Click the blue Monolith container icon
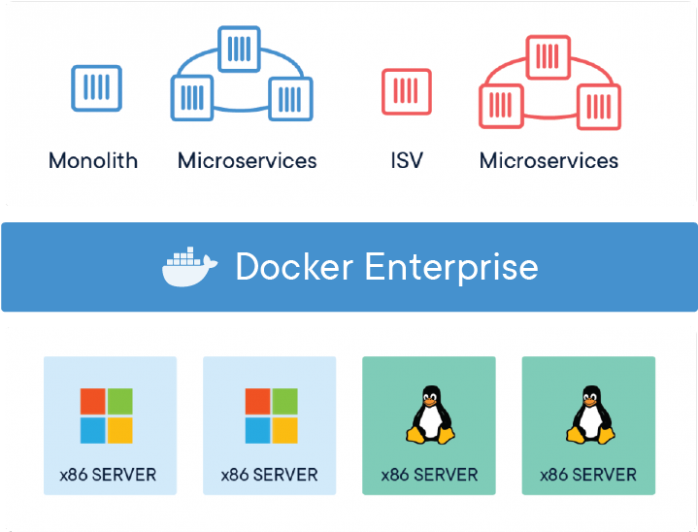coord(97,88)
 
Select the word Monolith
coord(93,160)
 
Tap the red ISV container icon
coord(407,92)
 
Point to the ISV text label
coord(407,160)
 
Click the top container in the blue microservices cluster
coord(240,48)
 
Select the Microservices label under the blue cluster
coord(247,160)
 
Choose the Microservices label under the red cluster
coord(548,160)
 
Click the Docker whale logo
coord(190,268)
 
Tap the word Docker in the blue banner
coord(292,267)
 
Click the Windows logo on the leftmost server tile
coord(107,416)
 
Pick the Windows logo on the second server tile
coord(271,416)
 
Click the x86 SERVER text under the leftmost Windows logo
coord(109,476)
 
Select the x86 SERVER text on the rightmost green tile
coord(588,476)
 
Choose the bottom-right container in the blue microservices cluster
coord(289,98)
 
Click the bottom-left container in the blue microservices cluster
coord(192,97)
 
